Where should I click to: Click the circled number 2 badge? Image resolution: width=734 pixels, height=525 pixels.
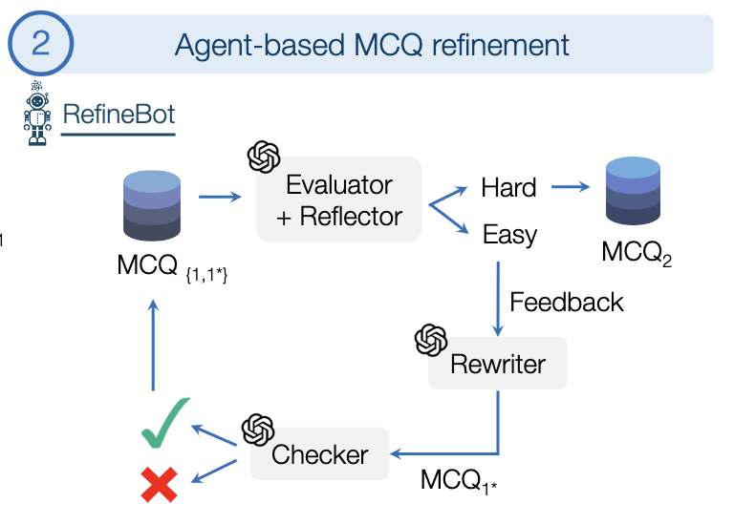pos(41,44)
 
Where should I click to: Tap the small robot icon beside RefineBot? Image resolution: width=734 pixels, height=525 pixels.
pos(37,114)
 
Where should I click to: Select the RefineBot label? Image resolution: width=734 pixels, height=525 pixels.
pos(119,115)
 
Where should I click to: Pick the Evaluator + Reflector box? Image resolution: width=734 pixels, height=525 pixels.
pos(338,199)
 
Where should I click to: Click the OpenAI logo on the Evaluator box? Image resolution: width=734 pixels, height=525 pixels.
pos(264,157)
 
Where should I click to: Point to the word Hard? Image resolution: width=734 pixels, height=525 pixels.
pos(508,188)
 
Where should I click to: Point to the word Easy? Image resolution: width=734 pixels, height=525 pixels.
pos(509,235)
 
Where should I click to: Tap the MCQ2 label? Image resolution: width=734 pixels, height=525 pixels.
pos(636,254)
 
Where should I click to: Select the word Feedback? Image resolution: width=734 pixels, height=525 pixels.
pos(566,303)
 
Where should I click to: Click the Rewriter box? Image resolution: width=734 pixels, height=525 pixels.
pos(497,364)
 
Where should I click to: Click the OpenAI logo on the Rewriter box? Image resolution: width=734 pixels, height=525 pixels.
pos(431,340)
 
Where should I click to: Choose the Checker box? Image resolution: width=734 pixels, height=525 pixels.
pos(319,454)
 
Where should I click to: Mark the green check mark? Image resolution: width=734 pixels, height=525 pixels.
pos(165,423)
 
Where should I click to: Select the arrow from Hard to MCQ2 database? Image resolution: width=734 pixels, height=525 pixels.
pos(571,187)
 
